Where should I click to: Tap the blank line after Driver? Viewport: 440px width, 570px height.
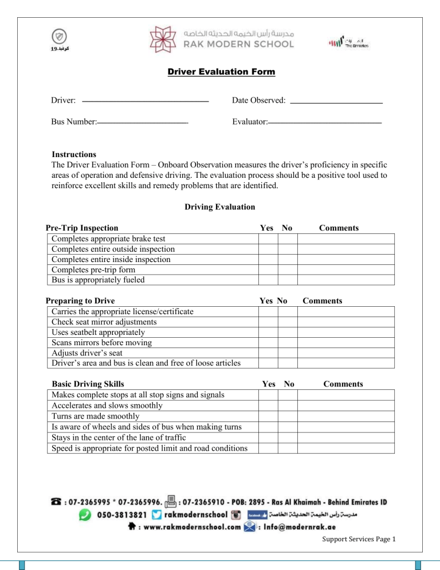click(145, 101)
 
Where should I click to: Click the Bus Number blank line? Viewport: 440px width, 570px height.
click(143, 123)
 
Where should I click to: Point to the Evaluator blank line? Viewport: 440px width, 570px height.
click(325, 123)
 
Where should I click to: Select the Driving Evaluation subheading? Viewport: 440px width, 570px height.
click(219, 206)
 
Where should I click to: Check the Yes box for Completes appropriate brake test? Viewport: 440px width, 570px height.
click(268, 239)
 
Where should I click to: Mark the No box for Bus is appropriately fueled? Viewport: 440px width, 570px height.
click(288, 280)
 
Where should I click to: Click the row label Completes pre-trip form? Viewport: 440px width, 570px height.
click(93, 270)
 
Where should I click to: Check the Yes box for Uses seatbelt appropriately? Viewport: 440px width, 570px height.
click(268, 332)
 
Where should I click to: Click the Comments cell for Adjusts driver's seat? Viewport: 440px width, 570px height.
click(345, 353)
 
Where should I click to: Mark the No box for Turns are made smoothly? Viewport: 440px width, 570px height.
click(288, 416)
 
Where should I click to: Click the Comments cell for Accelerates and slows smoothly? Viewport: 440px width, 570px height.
click(345, 405)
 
